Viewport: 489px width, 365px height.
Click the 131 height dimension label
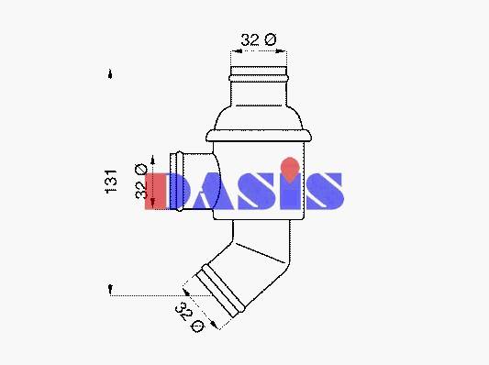tap(111, 182)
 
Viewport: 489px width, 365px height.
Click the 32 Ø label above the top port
tap(259, 39)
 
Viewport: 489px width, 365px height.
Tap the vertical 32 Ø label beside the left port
tap(141, 181)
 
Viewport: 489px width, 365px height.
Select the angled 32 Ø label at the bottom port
tap(189, 316)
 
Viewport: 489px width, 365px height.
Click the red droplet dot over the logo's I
tap(290, 170)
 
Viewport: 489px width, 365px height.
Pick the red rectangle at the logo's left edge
tap(155, 191)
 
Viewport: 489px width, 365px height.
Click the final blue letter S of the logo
tap(325, 191)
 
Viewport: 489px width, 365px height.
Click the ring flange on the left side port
tap(179, 181)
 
